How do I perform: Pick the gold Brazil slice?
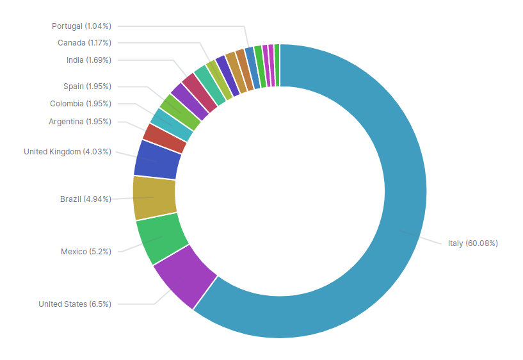click(154, 197)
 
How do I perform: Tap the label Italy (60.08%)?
click(472, 243)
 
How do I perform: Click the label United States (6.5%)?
click(74, 304)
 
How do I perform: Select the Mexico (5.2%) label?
click(86, 252)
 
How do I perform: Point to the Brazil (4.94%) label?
click(85, 199)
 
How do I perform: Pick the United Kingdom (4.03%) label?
click(67, 152)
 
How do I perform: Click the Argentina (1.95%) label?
click(79, 122)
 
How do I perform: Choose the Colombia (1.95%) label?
click(80, 104)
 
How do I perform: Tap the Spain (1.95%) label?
click(87, 86)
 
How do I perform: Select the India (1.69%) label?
click(88, 60)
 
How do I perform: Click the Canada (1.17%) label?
click(84, 43)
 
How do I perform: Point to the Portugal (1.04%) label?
click(81, 26)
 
